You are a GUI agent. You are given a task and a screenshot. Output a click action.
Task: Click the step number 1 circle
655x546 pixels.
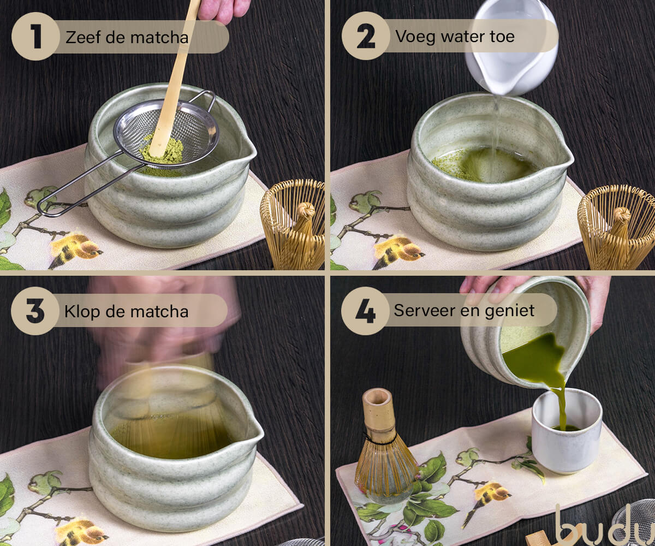[35, 37]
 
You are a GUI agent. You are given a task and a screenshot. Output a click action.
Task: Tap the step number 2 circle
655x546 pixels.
[366, 36]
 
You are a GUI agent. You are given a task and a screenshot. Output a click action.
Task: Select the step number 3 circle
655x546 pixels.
[35, 311]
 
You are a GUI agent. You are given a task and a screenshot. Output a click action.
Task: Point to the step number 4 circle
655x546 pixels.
[365, 310]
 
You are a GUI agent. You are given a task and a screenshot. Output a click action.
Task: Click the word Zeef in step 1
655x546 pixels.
[83, 37]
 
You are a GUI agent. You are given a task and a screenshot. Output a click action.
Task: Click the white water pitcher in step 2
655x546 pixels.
[511, 47]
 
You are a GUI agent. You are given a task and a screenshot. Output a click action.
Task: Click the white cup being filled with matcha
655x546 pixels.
[567, 431]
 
